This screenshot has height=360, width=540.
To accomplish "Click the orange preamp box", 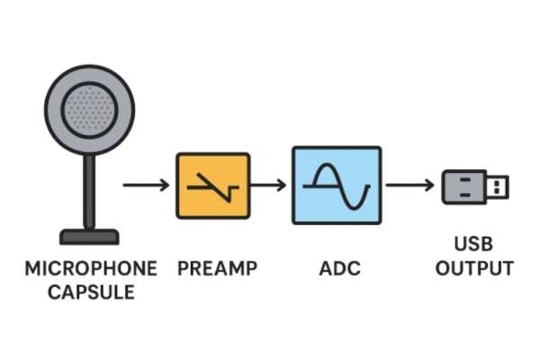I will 212,185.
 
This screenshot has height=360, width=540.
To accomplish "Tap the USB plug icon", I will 475,186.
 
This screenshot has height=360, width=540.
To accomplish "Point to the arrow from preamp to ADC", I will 268,185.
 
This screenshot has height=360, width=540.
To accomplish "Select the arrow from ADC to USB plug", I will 410,185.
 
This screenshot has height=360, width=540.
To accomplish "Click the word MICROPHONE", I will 91,268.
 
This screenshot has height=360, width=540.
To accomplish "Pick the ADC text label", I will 337,268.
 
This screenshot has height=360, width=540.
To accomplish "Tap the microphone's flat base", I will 90,238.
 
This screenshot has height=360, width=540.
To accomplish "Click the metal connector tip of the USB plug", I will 498,186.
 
